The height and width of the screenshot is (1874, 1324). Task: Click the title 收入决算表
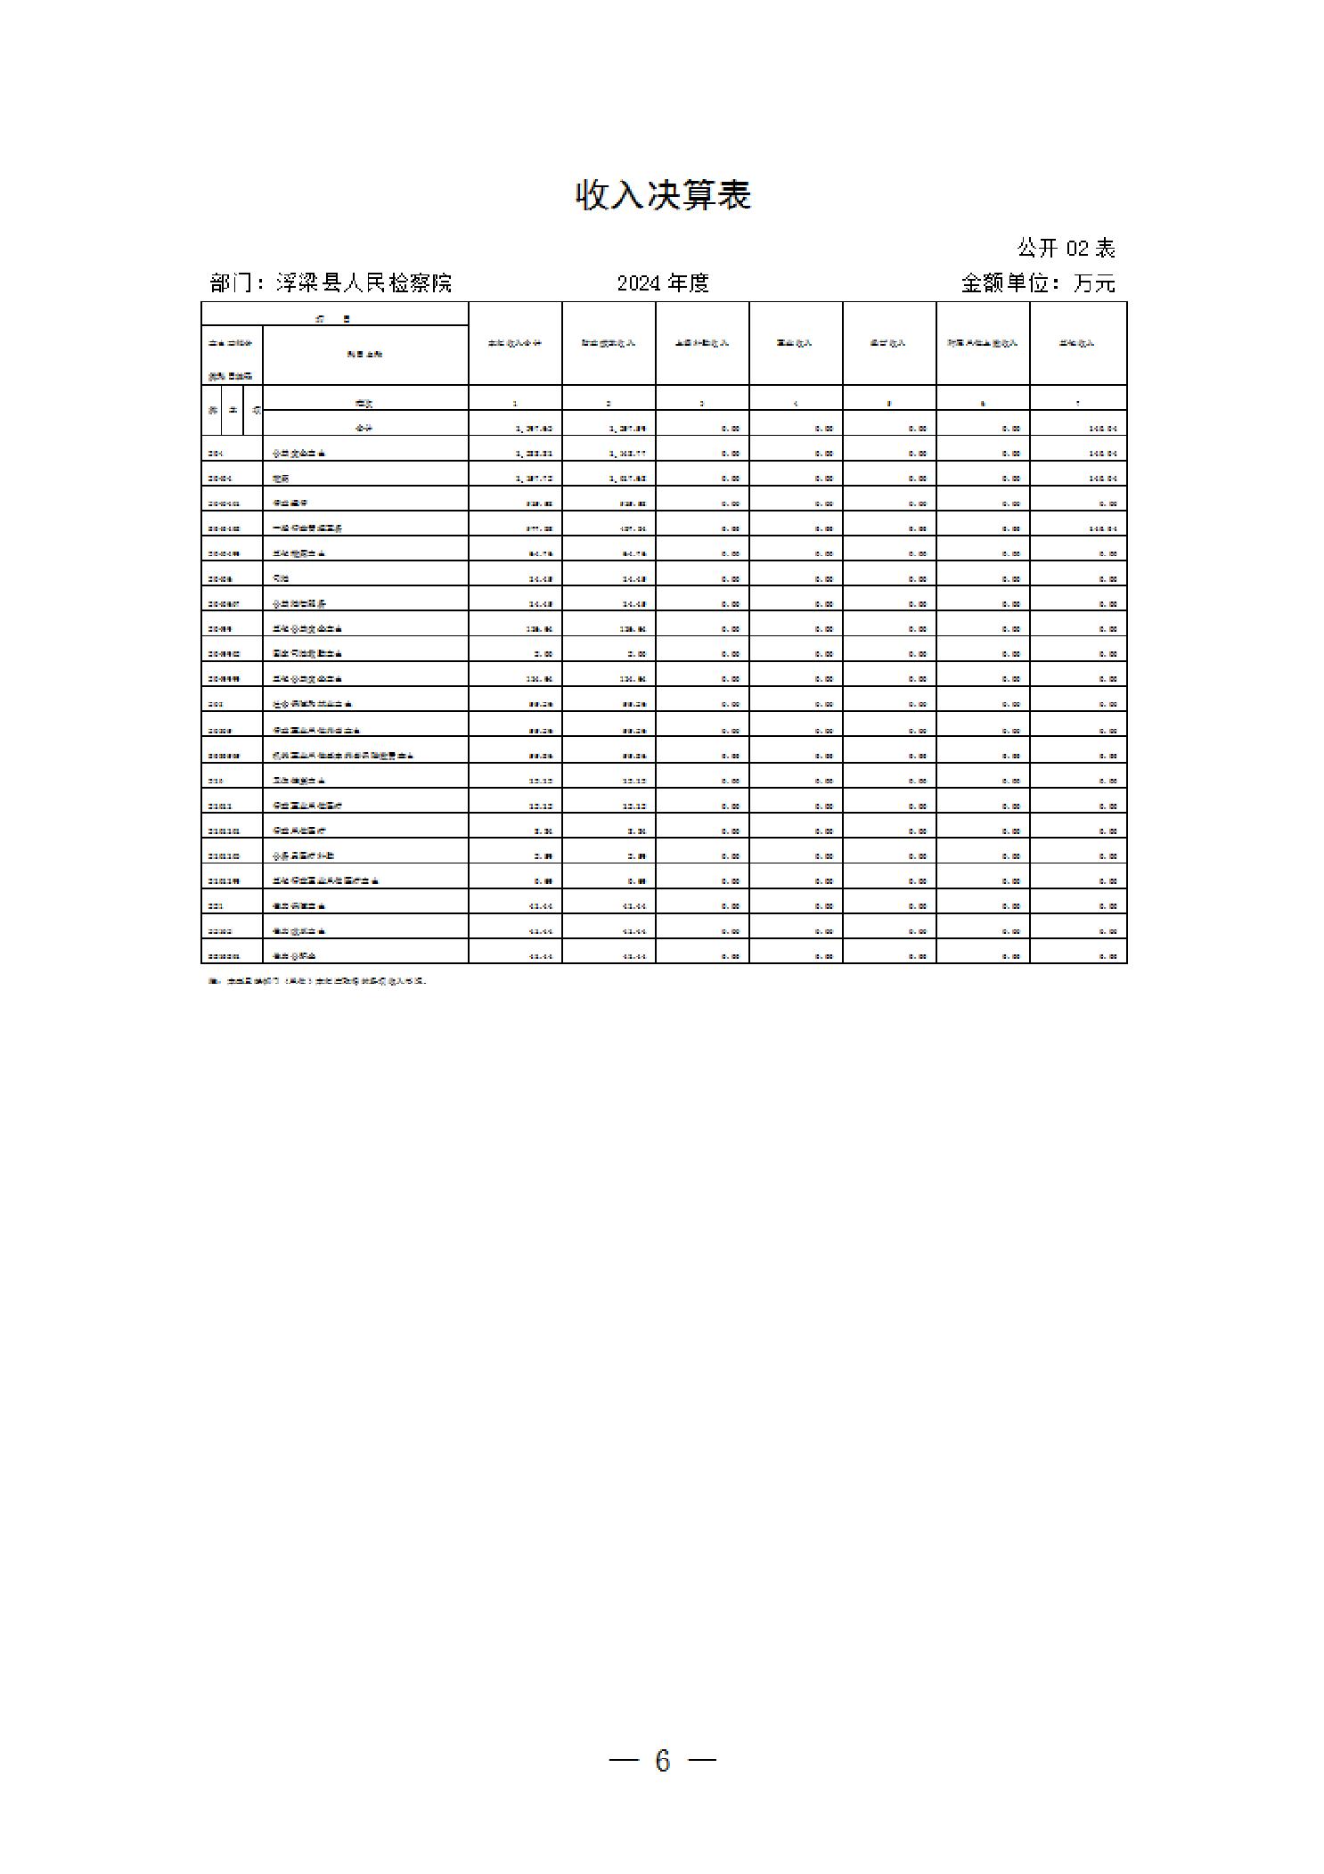pyautogui.click(x=663, y=195)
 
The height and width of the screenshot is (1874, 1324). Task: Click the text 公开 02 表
pyautogui.click(x=1066, y=248)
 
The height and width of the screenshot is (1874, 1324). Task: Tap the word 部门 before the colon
pyautogui.click(x=231, y=283)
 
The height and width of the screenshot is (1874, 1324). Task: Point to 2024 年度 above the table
pyautogui.click(x=663, y=283)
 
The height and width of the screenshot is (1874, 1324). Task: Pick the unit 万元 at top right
pyautogui.click(x=1094, y=283)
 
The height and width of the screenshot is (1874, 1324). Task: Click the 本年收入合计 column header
pyautogui.click(x=515, y=343)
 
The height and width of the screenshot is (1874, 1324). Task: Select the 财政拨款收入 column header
pyautogui.click(x=609, y=343)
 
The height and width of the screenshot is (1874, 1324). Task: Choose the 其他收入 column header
pyautogui.click(x=1077, y=343)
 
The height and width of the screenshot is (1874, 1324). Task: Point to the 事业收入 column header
pyautogui.click(x=795, y=343)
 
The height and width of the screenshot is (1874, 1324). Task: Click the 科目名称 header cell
pyautogui.click(x=365, y=355)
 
